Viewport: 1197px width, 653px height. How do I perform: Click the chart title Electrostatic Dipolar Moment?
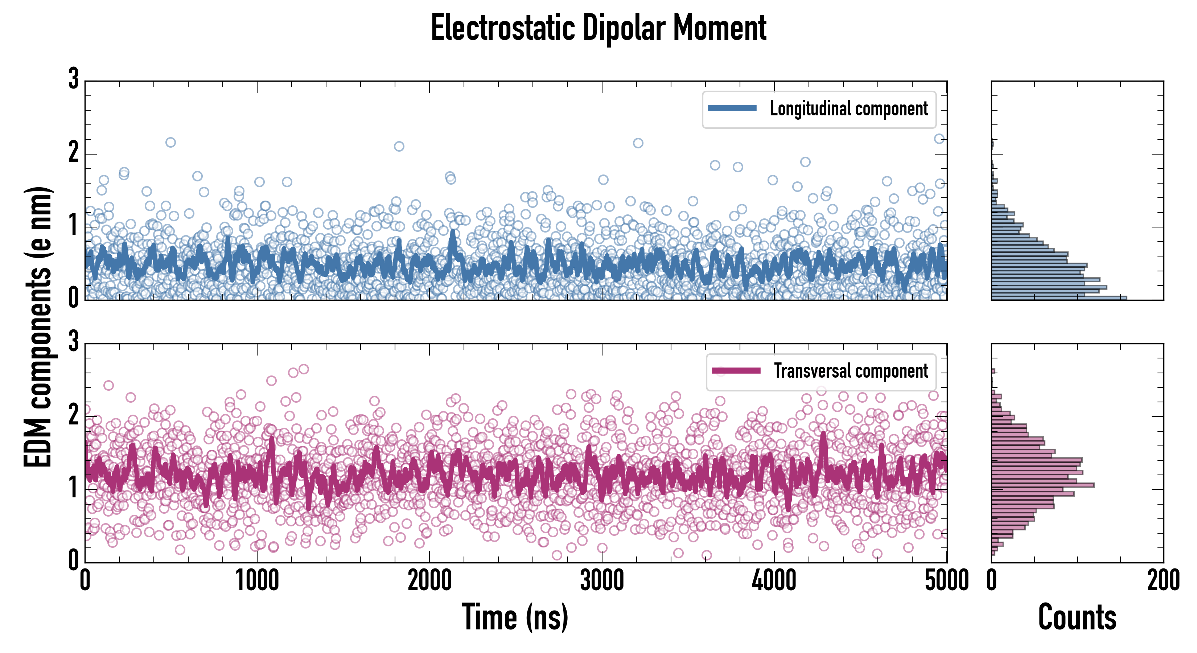(x=598, y=28)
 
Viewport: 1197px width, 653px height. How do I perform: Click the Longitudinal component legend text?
(x=848, y=109)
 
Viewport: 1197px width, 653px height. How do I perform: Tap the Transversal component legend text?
(x=850, y=371)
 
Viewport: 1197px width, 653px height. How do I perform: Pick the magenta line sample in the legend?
(x=736, y=370)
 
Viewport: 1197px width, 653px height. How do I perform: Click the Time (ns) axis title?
(x=515, y=617)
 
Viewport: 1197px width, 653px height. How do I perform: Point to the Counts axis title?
(x=1077, y=617)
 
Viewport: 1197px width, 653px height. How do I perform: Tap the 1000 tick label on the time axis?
(x=257, y=580)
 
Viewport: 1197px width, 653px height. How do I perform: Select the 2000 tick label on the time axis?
(x=429, y=580)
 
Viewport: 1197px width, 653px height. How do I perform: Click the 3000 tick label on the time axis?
(x=602, y=580)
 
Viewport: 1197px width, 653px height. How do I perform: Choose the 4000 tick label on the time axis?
(x=774, y=580)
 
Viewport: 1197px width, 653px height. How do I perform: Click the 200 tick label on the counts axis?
(x=1163, y=580)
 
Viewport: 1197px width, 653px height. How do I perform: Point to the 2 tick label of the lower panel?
(x=73, y=415)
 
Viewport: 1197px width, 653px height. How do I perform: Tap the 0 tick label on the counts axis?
(x=992, y=580)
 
